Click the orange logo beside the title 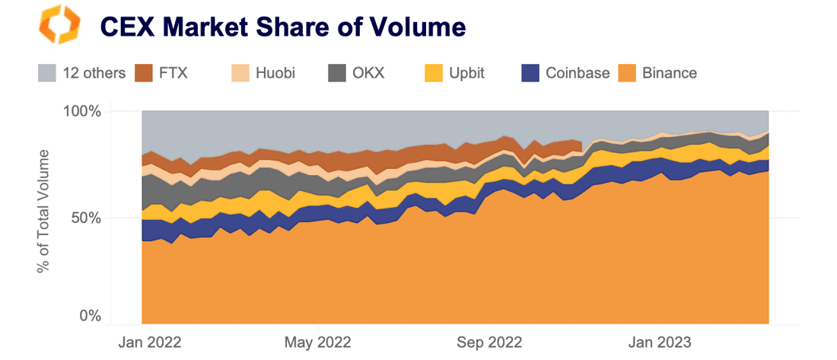point(59,27)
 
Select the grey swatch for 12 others point(47,73)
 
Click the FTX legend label point(173,73)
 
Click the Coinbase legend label point(578,73)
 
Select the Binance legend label point(670,73)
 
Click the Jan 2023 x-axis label point(660,342)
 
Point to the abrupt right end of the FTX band point(581,146)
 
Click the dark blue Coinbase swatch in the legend point(530,73)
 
